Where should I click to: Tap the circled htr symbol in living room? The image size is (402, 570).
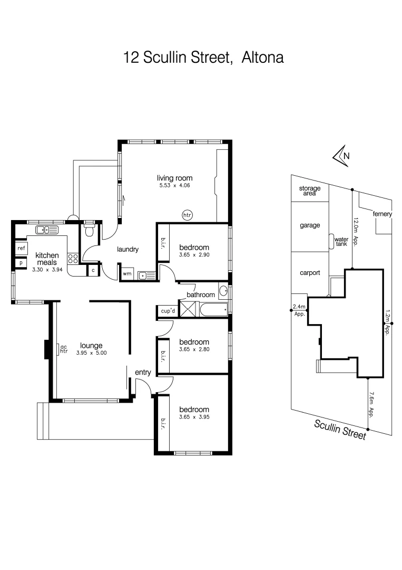187,215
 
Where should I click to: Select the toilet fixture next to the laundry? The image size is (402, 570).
90,230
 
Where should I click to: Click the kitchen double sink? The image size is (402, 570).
47,230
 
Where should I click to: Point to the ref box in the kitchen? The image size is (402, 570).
22,248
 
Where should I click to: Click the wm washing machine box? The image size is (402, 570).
127,274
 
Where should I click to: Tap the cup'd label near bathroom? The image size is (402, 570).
168,311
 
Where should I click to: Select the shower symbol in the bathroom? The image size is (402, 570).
187,308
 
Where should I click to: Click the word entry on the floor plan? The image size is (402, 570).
143,372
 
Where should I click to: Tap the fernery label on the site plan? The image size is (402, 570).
382,214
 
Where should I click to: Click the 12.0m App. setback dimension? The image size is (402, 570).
356,233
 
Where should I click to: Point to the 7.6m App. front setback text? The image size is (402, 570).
371,404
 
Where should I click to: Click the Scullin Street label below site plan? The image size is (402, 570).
340,429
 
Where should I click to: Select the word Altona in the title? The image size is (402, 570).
262,57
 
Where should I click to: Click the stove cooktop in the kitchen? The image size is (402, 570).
73,259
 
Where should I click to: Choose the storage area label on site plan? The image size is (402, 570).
310,191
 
